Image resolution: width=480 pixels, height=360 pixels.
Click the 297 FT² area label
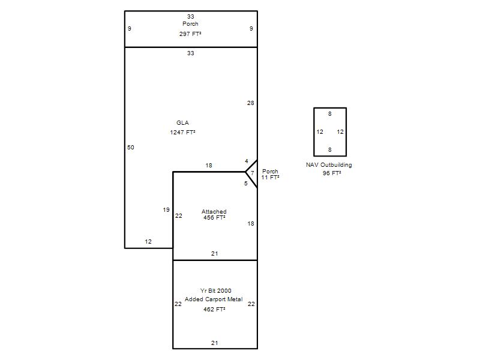pyautogui.click(x=190, y=34)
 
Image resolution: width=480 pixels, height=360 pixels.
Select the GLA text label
pyautogui.click(x=182, y=123)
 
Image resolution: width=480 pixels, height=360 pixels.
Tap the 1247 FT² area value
pyautogui.click(x=183, y=132)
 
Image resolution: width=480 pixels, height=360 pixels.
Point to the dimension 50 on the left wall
pyautogui.click(x=131, y=147)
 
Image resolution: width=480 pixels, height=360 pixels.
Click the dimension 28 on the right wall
pyautogui.click(x=251, y=103)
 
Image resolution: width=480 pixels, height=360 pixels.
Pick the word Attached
pyautogui.click(x=214, y=212)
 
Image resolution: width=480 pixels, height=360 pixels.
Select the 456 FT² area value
pyautogui.click(x=214, y=218)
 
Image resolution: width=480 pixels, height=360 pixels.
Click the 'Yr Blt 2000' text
pyautogui.click(x=216, y=290)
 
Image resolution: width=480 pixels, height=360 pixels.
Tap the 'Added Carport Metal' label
pyautogui.click(x=214, y=299)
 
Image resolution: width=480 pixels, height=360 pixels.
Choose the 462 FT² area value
pyautogui.click(x=214, y=310)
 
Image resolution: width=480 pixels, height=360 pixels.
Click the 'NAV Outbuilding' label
pyautogui.click(x=329, y=164)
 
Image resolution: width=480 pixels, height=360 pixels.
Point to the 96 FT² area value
pyautogui.click(x=332, y=173)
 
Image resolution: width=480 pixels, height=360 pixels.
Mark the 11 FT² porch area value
pyautogui.click(x=270, y=177)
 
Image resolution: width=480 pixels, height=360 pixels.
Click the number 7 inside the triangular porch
pyautogui.click(x=252, y=173)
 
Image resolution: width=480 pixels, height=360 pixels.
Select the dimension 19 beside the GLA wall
pyautogui.click(x=166, y=209)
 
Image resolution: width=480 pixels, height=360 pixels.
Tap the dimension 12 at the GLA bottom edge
pyautogui.click(x=148, y=242)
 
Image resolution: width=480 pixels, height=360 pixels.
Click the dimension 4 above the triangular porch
pyautogui.click(x=247, y=161)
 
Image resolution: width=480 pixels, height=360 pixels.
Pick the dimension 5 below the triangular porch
pyautogui.click(x=246, y=184)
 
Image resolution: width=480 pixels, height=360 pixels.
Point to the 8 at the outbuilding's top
pyautogui.click(x=329, y=113)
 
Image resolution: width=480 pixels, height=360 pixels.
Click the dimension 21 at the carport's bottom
pyautogui.click(x=215, y=343)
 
